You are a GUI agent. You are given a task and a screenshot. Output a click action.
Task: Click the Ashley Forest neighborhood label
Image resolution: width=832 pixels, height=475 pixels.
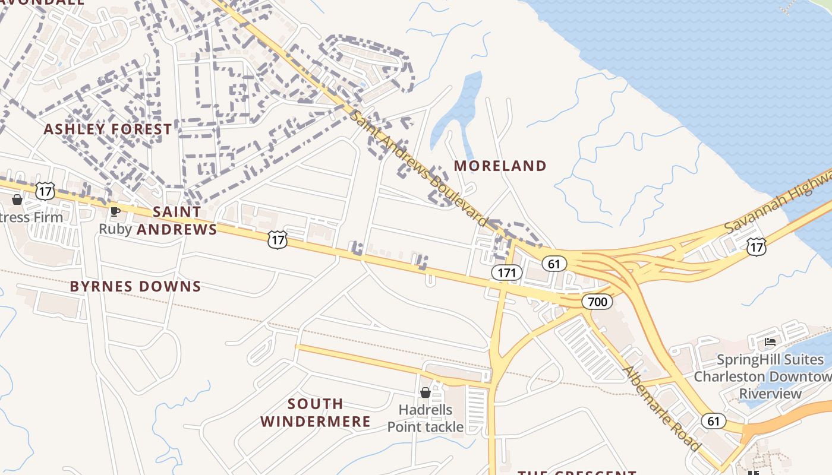click(x=108, y=129)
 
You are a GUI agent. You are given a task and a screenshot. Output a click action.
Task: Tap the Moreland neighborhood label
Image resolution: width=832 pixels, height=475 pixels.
click(x=500, y=166)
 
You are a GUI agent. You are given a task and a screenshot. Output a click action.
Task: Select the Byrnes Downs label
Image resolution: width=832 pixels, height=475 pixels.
click(x=135, y=286)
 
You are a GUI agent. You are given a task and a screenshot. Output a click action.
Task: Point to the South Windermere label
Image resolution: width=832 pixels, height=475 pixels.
click(x=316, y=413)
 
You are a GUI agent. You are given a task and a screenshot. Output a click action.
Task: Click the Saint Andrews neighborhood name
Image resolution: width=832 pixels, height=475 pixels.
click(x=177, y=220)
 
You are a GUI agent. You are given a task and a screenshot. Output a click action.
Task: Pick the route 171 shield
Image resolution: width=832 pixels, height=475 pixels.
click(x=506, y=273)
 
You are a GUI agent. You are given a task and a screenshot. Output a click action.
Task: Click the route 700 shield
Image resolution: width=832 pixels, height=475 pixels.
click(x=597, y=302)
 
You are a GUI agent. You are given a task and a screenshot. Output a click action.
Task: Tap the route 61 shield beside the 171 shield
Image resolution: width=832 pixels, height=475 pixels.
click(x=554, y=263)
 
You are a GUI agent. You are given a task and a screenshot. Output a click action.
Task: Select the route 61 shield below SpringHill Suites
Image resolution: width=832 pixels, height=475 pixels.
click(x=713, y=421)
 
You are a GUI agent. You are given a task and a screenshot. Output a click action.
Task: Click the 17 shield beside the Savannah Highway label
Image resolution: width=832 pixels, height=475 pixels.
click(x=757, y=247)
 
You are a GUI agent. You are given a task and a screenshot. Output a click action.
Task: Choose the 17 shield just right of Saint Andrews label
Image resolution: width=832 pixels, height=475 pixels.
click(x=277, y=240)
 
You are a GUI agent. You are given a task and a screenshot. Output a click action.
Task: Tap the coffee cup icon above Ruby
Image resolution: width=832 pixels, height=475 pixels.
click(x=115, y=211)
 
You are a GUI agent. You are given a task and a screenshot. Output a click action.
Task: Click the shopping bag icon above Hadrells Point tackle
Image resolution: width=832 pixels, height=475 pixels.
click(x=426, y=392)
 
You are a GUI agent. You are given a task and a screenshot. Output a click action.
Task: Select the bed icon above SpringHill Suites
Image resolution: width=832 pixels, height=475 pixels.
click(x=770, y=342)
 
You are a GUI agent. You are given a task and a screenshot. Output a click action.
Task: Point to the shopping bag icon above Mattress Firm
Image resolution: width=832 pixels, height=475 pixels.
click(x=17, y=199)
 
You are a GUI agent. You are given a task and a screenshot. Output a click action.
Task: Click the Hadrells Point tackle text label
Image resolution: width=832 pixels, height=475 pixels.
click(x=426, y=418)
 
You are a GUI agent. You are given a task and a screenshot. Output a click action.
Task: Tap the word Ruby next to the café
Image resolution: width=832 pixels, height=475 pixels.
click(x=115, y=229)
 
